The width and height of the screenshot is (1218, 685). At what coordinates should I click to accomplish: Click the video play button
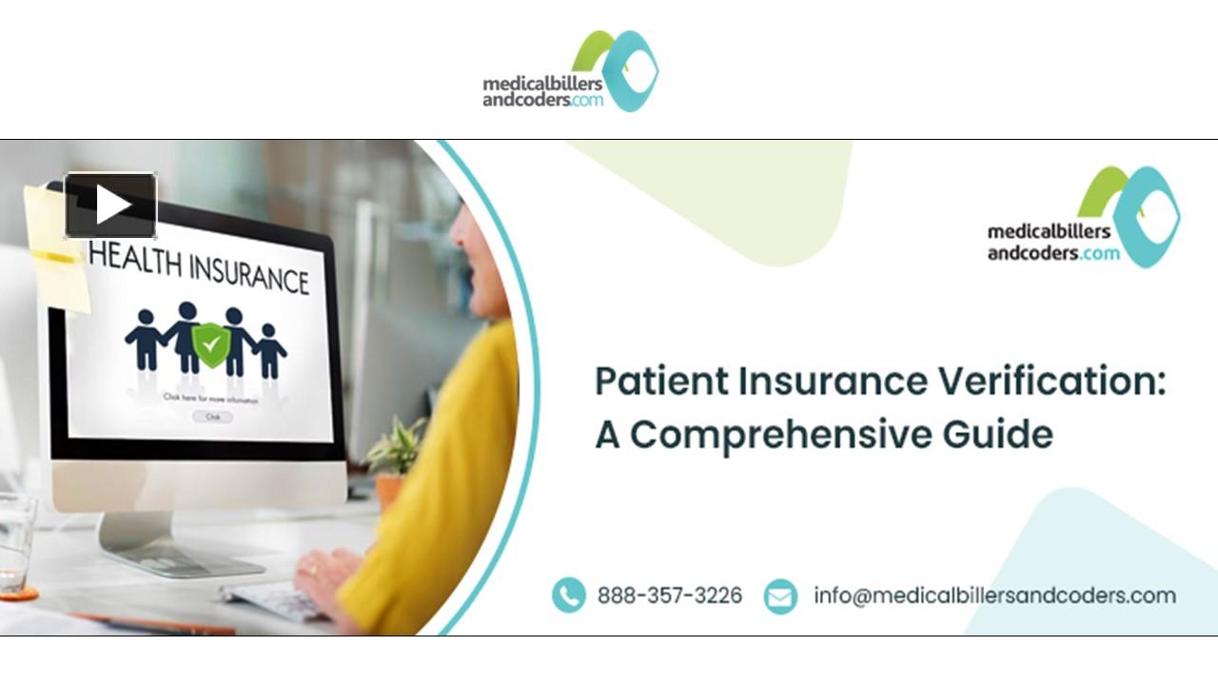110,205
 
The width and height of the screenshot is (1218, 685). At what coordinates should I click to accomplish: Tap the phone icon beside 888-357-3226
569,596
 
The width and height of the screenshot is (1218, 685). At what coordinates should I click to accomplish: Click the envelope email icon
780,597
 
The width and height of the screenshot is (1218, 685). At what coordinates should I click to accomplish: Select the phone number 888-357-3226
670,596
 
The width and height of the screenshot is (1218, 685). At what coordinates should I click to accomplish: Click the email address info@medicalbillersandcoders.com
994,596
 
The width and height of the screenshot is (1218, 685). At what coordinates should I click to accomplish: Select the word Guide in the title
998,434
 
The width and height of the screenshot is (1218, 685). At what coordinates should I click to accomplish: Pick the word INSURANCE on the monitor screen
249,272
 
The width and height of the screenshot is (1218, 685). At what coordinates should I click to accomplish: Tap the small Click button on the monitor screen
212,417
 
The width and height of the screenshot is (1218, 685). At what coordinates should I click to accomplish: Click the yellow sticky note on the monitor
55,247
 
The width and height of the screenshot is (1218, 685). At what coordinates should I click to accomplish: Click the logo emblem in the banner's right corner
1132,214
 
